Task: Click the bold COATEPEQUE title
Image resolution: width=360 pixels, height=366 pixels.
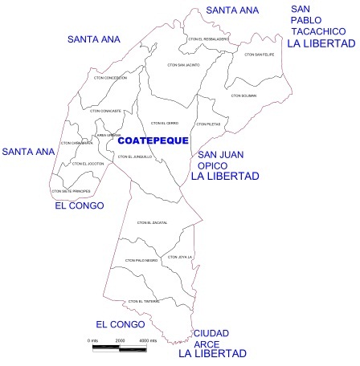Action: tap(148, 140)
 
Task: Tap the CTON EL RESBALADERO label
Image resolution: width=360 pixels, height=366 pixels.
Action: tap(208, 39)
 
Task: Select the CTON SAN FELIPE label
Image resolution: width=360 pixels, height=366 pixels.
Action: tap(259, 55)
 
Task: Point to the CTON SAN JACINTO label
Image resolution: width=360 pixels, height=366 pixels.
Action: tap(183, 64)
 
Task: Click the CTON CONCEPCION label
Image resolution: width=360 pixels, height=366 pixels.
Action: tap(111, 78)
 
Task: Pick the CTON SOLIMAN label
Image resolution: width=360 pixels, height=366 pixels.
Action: tap(243, 96)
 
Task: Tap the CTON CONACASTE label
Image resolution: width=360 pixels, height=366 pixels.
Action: tap(107, 110)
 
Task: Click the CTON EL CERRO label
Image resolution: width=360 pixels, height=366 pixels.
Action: tap(164, 123)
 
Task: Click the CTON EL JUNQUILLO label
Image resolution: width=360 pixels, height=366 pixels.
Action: tap(134, 157)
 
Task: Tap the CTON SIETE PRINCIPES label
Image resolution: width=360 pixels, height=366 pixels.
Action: tap(70, 191)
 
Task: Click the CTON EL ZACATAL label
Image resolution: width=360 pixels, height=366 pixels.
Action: tap(153, 222)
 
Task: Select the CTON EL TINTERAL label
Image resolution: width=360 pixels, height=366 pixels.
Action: tap(145, 301)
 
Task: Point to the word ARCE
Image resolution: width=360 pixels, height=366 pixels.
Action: tap(207, 344)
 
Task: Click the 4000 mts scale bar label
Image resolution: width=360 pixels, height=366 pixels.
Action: tap(147, 340)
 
